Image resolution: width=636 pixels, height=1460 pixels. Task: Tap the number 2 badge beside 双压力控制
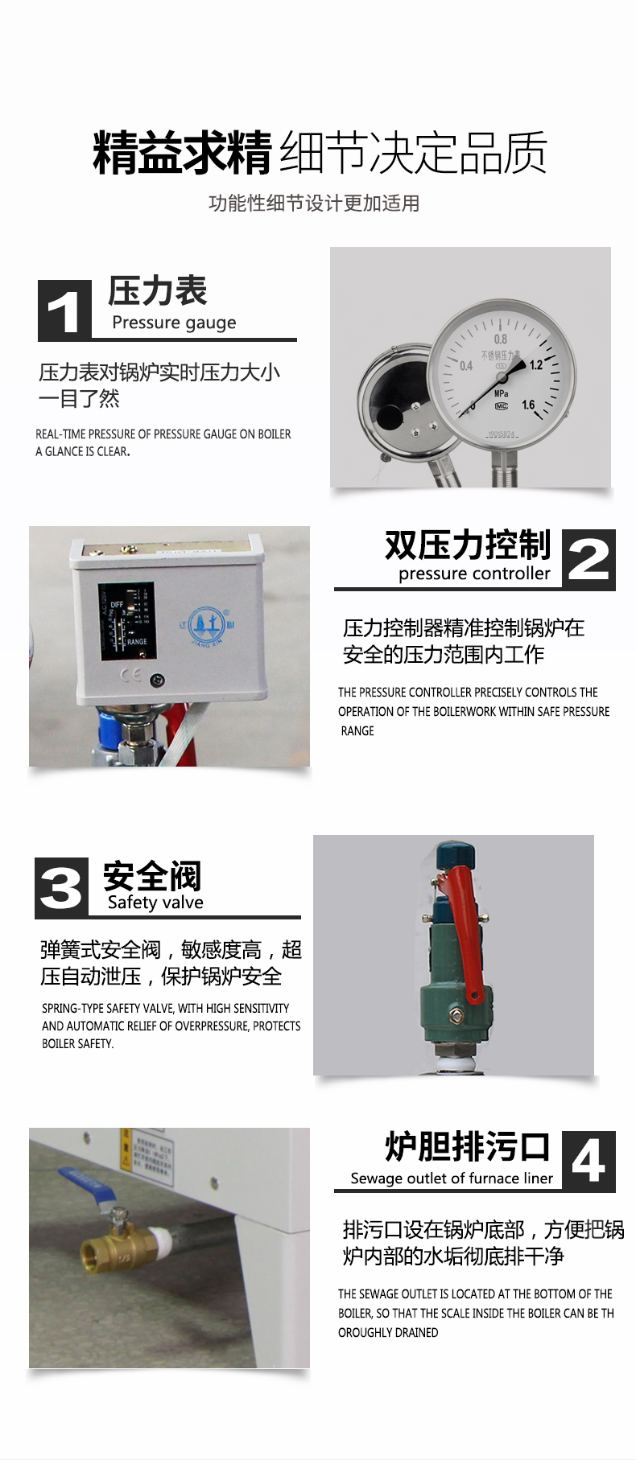tap(589, 559)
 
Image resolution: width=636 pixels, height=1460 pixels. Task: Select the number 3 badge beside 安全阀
tap(61, 888)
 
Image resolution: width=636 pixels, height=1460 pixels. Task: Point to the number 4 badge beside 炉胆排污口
tap(589, 1161)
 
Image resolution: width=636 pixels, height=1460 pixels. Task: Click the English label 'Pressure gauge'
tap(174, 323)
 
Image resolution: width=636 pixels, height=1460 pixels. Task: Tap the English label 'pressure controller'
tap(474, 574)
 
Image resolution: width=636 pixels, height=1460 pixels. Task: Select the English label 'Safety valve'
tap(155, 903)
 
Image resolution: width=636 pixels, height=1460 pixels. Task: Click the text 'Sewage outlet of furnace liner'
tap(452, 1178)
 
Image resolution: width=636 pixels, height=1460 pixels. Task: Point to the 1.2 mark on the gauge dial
tap(535, 365)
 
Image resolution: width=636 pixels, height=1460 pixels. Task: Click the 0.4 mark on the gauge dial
tap(466, 366)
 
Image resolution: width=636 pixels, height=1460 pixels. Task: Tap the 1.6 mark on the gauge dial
tap(528, 405)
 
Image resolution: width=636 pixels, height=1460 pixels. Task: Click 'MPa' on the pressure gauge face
tap(501, 394)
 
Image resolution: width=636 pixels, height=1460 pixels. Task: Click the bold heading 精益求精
tap(183, 153)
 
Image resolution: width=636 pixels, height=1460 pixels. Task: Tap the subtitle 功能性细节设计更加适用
tap(314, 204)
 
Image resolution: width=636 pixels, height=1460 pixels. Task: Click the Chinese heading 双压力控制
tap(467, 545)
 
